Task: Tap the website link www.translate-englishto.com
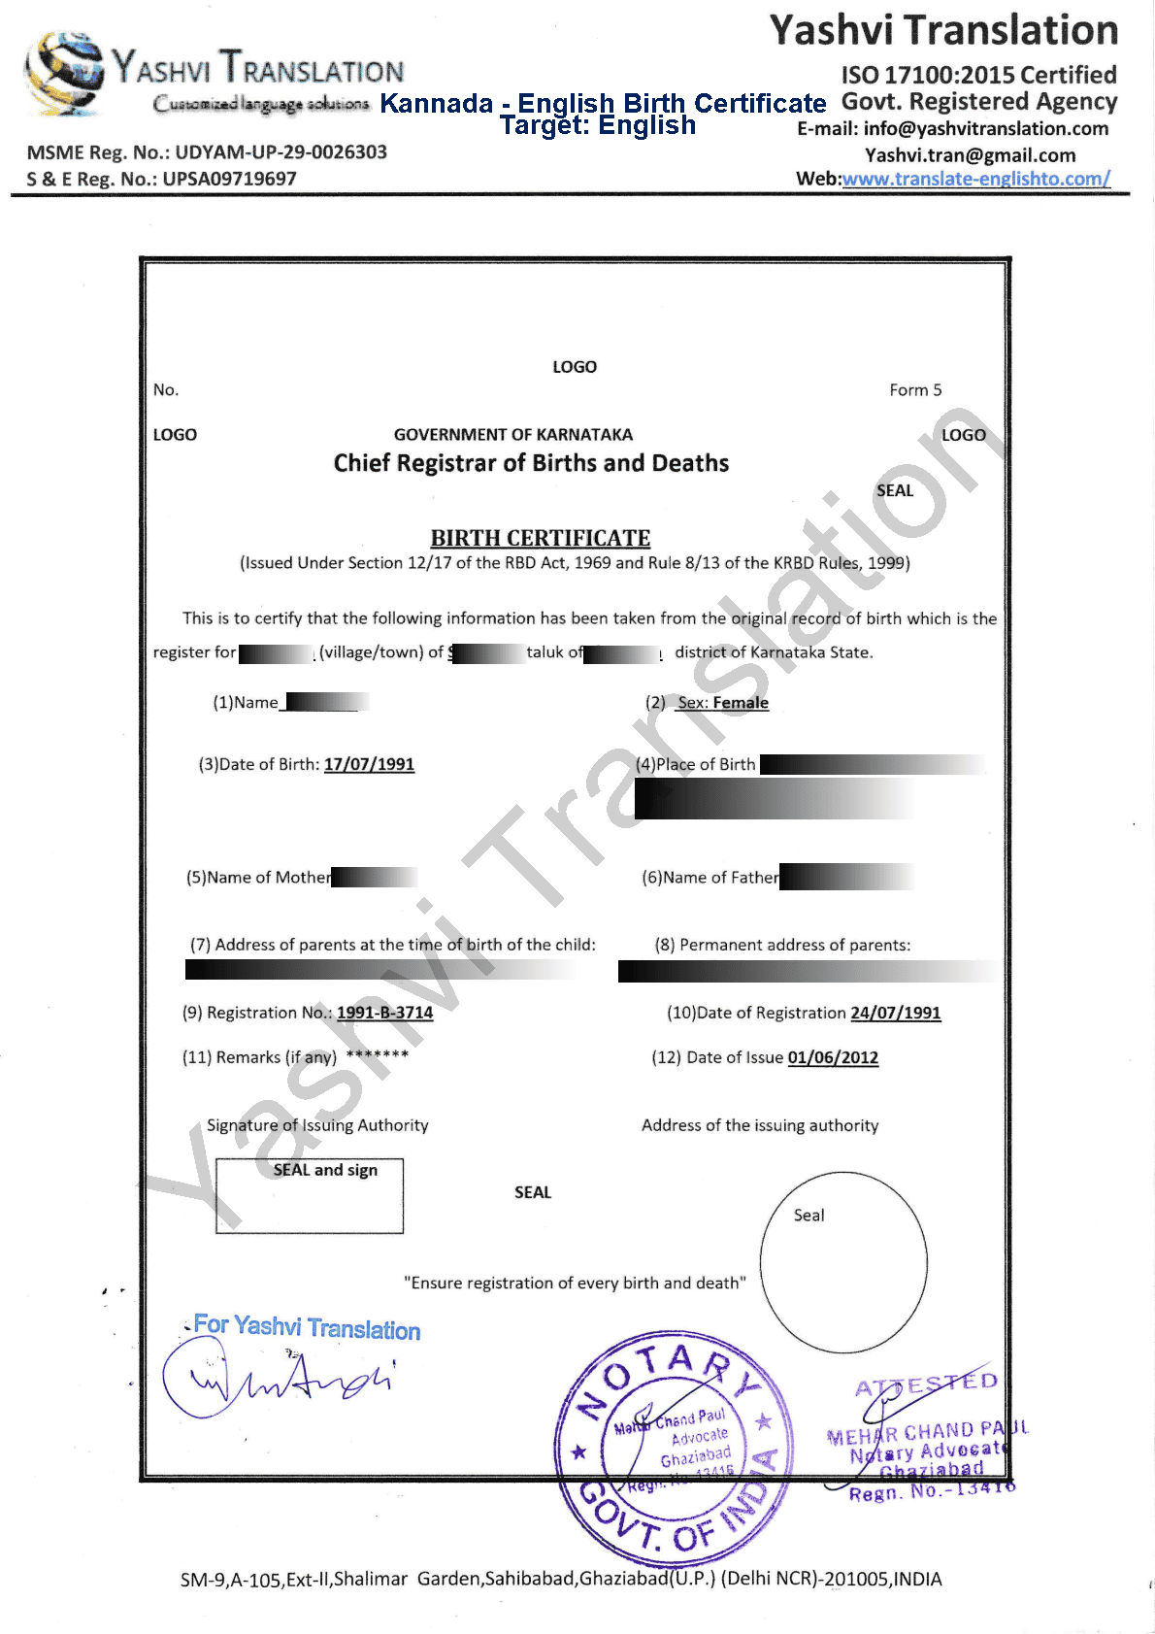pyautogui.click(x=975, y=179)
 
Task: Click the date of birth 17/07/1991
pyautogui.click(x=369, y=765)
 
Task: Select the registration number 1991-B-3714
pyautogui.click(x=384, y=1013)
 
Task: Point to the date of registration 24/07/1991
pyautogui.click(x=896, y=1014)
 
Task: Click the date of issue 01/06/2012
pyautogui.click(x=833, y=1058)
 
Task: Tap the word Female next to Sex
pyautogui.click(x=741, y=703)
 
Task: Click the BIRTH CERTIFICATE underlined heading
pyautogui.click(x=541, y=538)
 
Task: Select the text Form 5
pyautogui.click(x=915, y=390)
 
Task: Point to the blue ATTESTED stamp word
pyautogui.click(x=926, y=1384)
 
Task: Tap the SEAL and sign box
pyautogui.click(x=310, y=1195)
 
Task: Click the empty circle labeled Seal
pyautogui.click(x=843, y=1262)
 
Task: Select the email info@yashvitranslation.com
pyautogui.click(x=985, y=129)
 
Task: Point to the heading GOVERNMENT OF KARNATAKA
pyautogui.click(x=513, y=435)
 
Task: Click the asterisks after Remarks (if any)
pyautogui.click(x=378, y=1055)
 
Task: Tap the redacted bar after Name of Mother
pyautogui.click(x=375, y=878)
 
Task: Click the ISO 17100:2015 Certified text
pyautogui.click(x=978, y=75)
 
